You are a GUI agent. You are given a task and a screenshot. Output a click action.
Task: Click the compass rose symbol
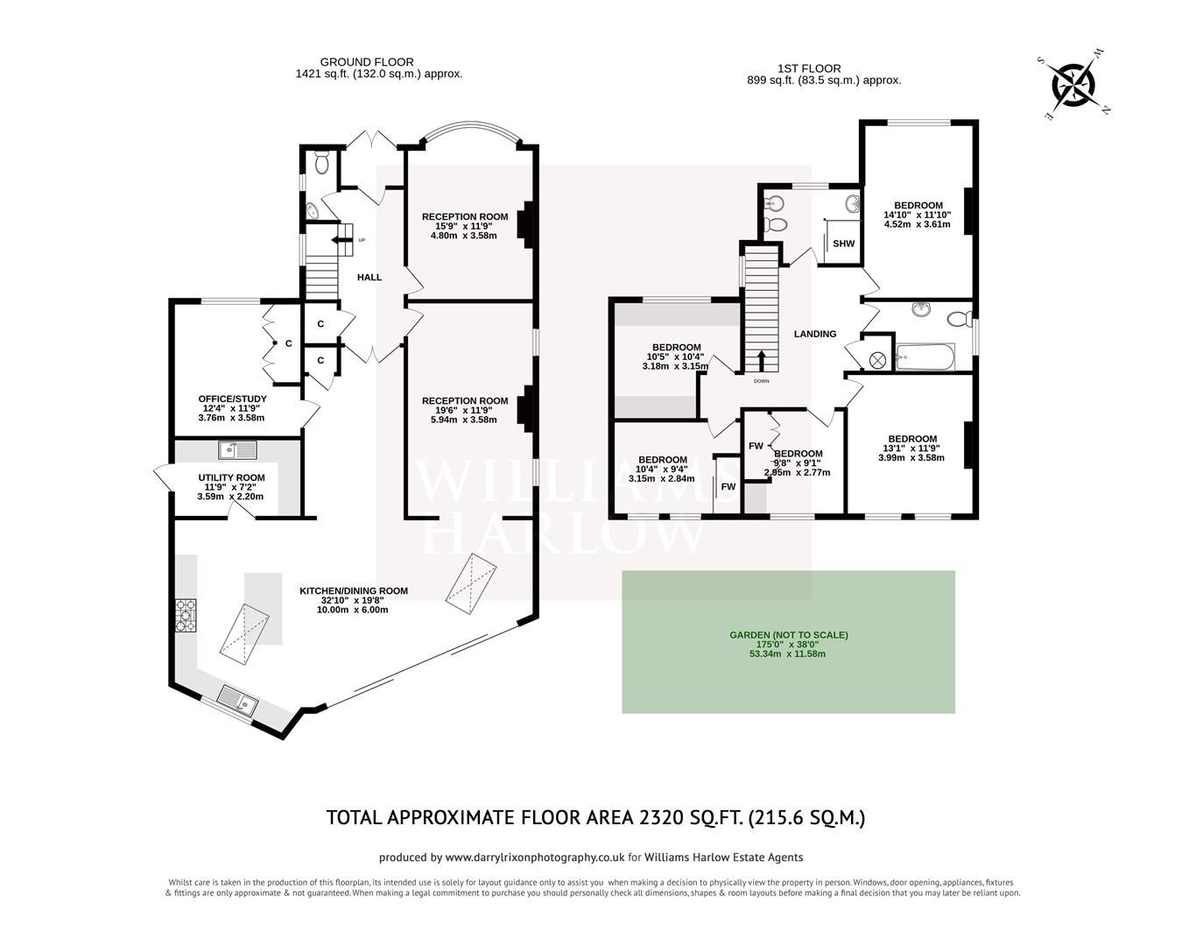[1073, 86]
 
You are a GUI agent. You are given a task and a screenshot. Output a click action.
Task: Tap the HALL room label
[369, 278]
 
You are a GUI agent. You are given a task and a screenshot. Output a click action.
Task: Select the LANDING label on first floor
[814, 334]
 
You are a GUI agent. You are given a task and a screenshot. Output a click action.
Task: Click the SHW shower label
[843, 244]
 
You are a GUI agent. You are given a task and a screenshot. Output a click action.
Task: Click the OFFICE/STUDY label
[232, 399]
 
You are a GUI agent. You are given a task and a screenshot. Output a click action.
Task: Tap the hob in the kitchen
[186, 614]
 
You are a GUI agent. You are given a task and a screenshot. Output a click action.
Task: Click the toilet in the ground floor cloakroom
[321, 162]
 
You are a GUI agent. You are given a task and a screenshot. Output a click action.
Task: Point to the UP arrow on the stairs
[340, 239]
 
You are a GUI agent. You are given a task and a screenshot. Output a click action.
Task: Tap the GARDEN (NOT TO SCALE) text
[789, 635]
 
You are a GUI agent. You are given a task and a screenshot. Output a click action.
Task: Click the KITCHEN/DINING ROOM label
[353, 591]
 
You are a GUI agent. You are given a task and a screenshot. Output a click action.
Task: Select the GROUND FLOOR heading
[367, 62]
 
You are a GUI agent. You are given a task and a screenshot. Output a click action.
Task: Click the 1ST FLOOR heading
[809, 68]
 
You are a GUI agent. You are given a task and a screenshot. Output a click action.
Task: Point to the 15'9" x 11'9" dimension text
[464, 226]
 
